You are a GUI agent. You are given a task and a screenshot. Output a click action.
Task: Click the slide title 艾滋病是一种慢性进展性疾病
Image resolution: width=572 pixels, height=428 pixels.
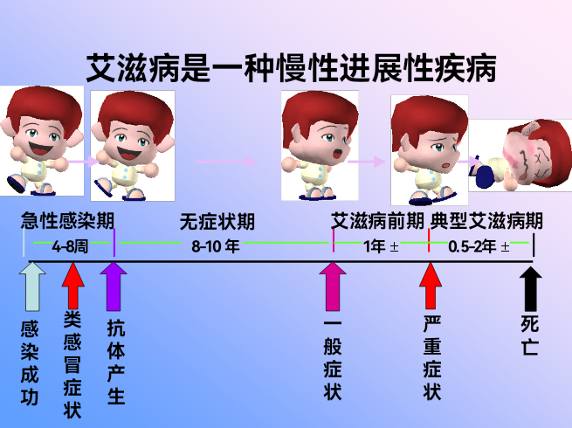[x=291, y=68]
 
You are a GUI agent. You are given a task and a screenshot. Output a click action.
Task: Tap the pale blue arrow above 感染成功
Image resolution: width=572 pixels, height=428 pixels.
[x=32, y=286]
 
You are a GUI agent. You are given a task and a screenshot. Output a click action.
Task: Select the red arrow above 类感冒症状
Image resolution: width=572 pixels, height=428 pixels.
[x=73, y=286]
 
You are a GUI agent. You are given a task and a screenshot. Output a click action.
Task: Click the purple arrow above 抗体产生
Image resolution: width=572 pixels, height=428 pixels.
[x=114, y=286]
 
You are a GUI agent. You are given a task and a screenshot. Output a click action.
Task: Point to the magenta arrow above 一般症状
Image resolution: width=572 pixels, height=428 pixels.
[x=333, y=286]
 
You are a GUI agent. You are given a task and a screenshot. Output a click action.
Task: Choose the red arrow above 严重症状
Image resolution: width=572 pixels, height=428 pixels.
[x=431, y=286]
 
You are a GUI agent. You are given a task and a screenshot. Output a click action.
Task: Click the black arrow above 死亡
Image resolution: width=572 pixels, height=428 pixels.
[x=531, y=289]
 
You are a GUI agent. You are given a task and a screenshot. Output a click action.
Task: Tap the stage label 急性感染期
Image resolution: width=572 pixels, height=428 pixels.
[x=67, y=221]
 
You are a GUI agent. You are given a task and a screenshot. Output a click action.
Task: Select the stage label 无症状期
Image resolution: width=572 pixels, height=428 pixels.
[x=217, y=222]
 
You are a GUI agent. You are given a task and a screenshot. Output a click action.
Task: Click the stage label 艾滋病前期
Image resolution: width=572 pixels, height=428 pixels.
[x=377, y=221]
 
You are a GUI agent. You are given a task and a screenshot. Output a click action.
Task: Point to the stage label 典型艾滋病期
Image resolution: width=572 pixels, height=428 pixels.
[x=486, y=221]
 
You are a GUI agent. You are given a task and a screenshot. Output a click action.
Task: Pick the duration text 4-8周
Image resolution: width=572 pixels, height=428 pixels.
[x=70, y=246]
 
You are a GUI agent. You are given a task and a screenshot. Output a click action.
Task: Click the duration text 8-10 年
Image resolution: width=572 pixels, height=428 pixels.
[x=216, y=246]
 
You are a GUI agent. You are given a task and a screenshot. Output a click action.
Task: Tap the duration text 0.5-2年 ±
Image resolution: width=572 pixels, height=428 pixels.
[x=479, y=247]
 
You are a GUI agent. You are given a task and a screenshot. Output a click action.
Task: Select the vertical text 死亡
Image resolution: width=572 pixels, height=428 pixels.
[x=530, y=335]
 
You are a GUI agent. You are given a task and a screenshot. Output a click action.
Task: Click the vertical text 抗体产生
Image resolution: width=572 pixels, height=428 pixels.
[x=116, y=362]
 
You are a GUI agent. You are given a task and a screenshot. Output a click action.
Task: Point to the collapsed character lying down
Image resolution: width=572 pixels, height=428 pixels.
[x=520, y=155]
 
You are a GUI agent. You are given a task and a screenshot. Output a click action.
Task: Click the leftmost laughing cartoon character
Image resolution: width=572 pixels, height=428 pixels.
[x=42, y=141]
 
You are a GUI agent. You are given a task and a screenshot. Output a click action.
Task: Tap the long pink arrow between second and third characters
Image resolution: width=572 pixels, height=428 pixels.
[x=226, y=162]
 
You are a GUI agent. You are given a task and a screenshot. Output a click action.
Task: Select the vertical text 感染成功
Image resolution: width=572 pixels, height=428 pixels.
[x=30, y=363]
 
